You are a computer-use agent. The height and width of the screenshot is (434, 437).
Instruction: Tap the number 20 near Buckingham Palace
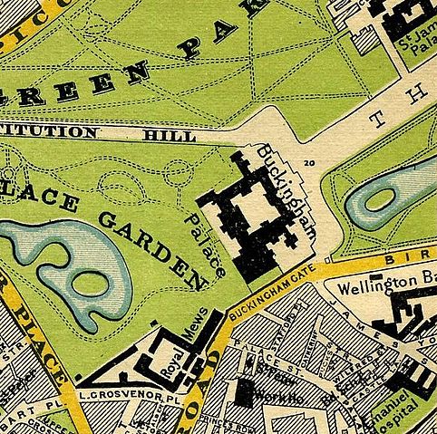pyautogui.click(x=310, y=163)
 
